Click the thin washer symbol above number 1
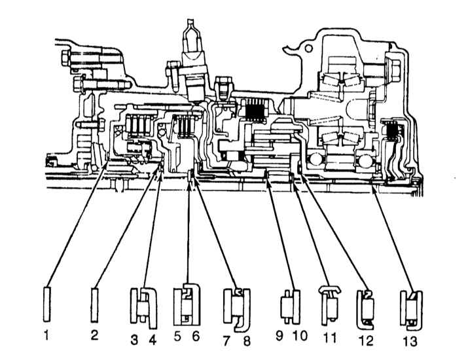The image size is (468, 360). coord(47,303)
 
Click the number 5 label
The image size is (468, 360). coord(178,338)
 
